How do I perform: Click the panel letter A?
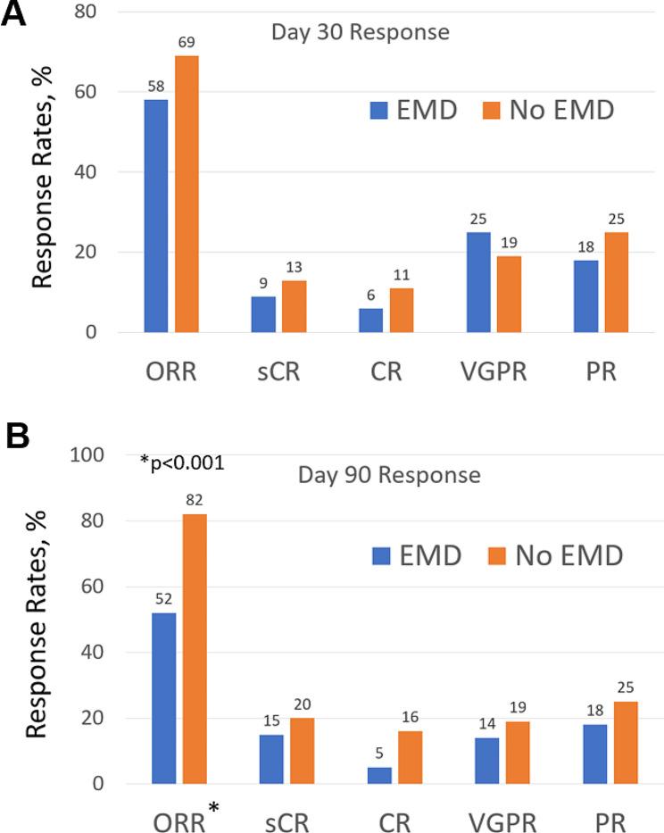click(13, 17)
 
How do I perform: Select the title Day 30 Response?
click(360, 34)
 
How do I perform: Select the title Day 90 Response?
click(389, 475)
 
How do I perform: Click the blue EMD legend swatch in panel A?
click(380, 111)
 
